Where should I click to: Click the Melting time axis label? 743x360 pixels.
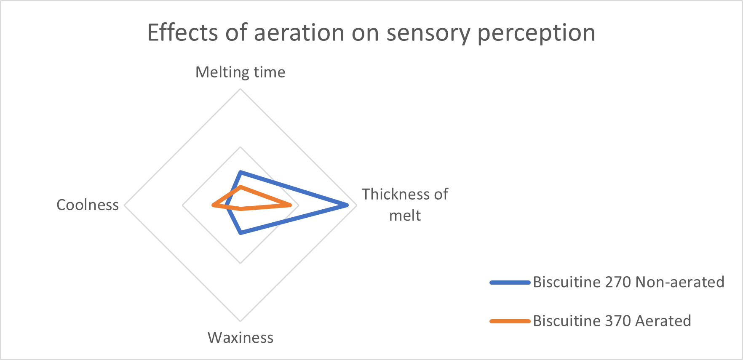click(241, 72)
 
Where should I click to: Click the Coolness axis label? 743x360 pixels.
click(88, 205)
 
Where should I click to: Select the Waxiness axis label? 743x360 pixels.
click(241, 338)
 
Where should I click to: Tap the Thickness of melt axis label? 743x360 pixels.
click(405, 205)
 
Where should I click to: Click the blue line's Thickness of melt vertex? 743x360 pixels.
click(347, 205)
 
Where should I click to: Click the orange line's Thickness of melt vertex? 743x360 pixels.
click(290, 205)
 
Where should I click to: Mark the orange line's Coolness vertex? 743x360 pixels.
click(213, 205)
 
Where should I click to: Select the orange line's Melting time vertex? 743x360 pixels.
click(241, 187)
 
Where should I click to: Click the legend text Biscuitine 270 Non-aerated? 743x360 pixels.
click(628, 282)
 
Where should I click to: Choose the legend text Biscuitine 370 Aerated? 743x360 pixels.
click(612, 321)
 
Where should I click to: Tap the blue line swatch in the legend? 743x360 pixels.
click(510, 283)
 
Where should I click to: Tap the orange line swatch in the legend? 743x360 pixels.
click(510, 321)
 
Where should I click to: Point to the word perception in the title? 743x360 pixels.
click(536, 33)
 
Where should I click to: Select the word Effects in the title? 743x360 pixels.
click(183, 32)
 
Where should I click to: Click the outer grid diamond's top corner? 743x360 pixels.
click(241, 89)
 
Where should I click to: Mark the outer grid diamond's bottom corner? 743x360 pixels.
click(241, 322)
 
